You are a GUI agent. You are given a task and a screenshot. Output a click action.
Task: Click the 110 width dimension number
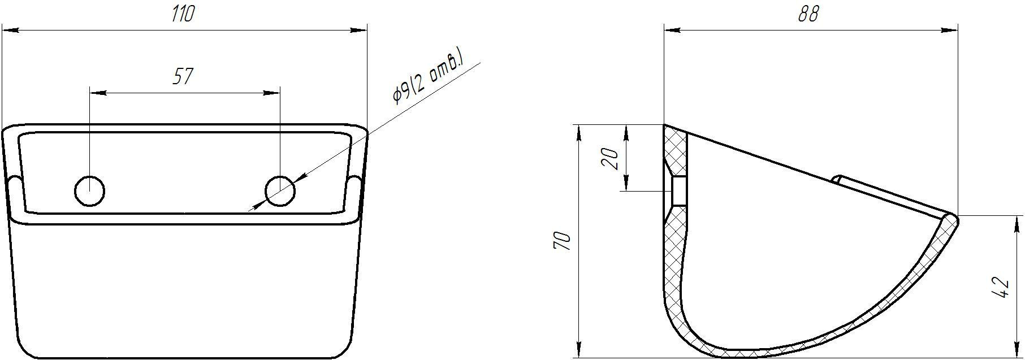[183, 14]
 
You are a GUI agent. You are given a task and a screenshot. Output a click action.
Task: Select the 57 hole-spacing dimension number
[183, 76]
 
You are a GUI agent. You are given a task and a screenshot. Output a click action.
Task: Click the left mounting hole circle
[90, 190]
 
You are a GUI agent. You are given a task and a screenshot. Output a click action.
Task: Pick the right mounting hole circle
[280, 190]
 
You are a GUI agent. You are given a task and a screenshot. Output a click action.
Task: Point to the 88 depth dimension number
[808, 14]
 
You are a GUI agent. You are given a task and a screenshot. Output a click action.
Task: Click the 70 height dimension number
[564, 241]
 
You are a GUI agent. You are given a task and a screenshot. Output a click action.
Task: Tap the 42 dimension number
[1001, 288]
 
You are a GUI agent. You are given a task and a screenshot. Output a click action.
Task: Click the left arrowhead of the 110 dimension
[11, 31]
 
